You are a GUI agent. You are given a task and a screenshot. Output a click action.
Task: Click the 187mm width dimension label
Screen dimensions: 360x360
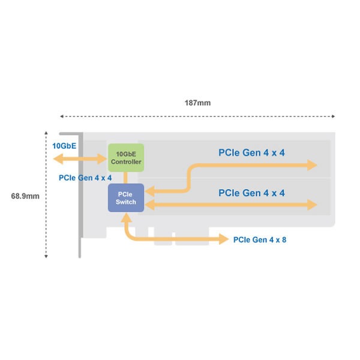pyautogui.click(x=197, y=103)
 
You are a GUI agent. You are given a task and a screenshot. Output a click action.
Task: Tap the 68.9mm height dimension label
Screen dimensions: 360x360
pyautogui.click(x=25, y=196)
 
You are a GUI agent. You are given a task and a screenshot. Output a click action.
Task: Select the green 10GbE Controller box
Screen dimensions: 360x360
pyautogui.click(x=126, y=158)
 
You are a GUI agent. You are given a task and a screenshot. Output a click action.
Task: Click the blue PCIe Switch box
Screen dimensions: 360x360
pyautogui.click(x=126, y=197)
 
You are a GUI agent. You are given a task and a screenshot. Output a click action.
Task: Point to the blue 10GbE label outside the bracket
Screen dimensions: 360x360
pyautogui.click(x=64, y=146)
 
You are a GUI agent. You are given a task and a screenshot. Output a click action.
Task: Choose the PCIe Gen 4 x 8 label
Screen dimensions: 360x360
pyautogui.click(x=260, y=240)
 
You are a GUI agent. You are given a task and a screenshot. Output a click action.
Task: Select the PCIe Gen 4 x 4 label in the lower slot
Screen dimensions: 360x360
pyautogui.click(x=251, y=193)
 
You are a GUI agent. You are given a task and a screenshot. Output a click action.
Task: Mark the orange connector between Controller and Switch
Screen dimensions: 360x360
pyautogui.click(x=126, y=178)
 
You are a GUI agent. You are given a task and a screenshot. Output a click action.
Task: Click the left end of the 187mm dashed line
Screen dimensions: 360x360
pyautogui.click(x=61, y=116)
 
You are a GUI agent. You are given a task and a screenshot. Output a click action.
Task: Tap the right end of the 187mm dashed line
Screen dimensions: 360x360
pyautogui.click(x=334, y=116)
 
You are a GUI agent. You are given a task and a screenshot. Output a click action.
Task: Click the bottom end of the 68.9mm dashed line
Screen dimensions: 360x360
pyautogui.click(x=46, y=256)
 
